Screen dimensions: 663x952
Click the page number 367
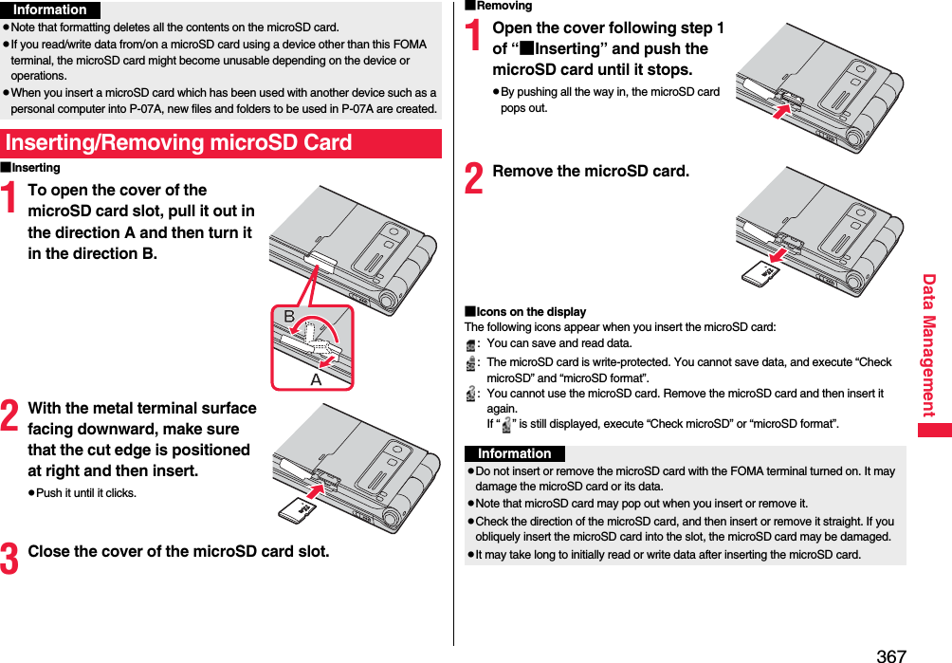point(891,655)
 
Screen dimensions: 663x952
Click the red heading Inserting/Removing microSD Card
point(178,143)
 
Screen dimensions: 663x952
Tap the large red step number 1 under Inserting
point(11,201)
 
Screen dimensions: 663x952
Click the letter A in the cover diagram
point(316,378)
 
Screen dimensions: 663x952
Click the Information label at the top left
point(50,9)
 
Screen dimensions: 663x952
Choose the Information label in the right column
point(514,453)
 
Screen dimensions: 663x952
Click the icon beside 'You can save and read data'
point(471,344)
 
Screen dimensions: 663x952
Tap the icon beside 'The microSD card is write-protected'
point(471,362)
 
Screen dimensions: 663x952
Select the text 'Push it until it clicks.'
point(85,493)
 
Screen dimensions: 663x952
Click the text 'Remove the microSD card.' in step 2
point(591,172)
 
